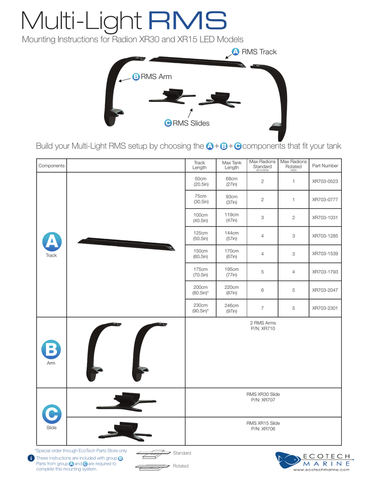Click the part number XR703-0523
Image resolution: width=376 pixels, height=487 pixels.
pos(325,182)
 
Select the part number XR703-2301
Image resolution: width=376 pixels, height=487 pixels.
pos(325,308)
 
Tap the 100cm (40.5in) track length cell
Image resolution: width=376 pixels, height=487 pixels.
pos(200,218)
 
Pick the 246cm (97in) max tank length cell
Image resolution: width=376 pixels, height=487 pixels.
pos(231,308)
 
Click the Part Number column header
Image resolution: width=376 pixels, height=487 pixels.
pos(325,166)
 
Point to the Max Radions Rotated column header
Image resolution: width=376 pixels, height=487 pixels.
pos(293,165)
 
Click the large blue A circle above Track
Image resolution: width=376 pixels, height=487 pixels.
pos(51,241)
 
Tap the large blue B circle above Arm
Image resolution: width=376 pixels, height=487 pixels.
pos(51,350)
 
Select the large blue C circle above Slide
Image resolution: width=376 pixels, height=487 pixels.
pos(51,414)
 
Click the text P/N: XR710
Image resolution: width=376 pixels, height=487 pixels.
pos(262,329)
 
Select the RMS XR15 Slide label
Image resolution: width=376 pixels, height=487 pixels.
pos(263,423)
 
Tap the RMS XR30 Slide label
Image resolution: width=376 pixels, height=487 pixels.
pos(263,394)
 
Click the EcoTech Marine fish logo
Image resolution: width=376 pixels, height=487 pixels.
pos(288,460)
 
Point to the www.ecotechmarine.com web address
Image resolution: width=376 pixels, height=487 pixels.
pos(322,470)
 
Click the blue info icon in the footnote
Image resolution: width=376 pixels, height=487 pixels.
pos(30,458)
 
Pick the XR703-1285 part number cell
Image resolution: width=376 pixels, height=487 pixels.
pos(325,236)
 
